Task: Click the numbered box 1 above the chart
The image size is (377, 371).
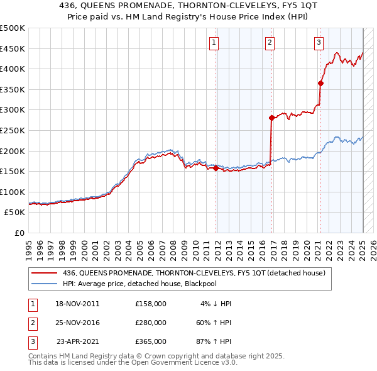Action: (x=214, y=43)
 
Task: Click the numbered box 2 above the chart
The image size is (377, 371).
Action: (x=270, y=43)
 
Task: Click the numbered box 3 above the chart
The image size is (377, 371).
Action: (x=319, y=43)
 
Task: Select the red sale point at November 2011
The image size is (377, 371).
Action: (x=216, y=168)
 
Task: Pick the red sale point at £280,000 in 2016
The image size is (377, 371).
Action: (x=271, y=118)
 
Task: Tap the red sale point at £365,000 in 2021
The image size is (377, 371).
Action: (x=320, y=83)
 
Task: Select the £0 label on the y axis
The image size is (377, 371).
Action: (x=19, y=233)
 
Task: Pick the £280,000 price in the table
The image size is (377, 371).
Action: (x=151, y=323)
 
